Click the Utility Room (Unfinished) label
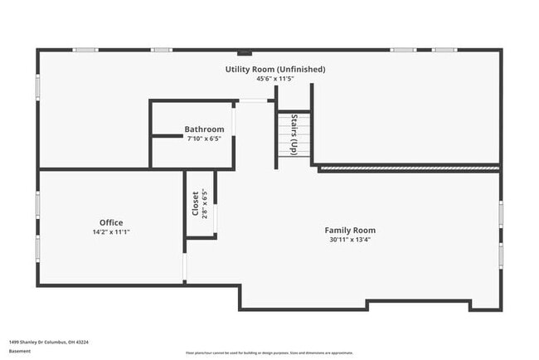point(275,69)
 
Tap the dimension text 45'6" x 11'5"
point(275,79)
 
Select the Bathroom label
point(204,129)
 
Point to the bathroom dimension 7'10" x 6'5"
point(204,139)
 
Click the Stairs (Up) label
point(294,135)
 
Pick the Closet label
point(196,204)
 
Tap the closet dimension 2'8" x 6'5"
point(205,204)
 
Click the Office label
point(111,222)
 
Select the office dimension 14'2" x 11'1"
point(111,232)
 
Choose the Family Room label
point(349,230)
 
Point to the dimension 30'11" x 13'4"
point(349,240)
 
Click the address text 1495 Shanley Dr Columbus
point(49,341)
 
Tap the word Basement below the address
point(20,351)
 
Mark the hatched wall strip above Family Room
point(410,168)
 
